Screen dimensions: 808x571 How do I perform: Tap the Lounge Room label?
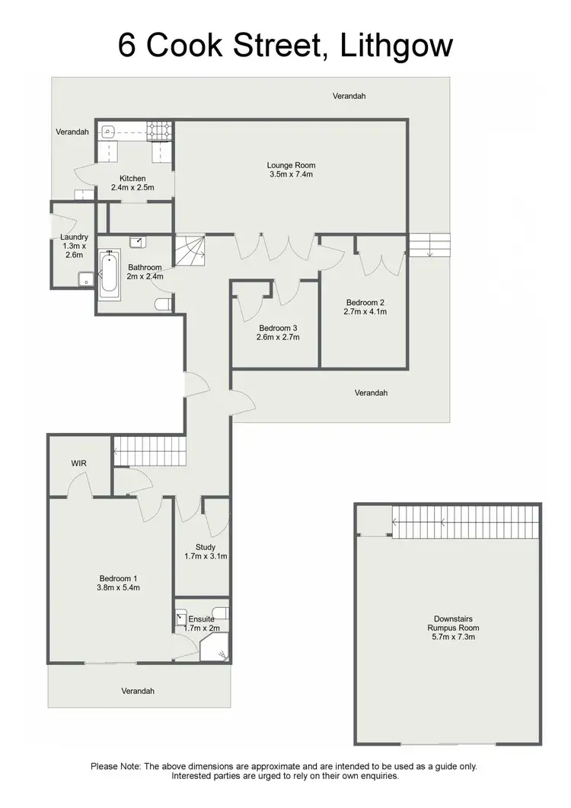click(x=291, y=165)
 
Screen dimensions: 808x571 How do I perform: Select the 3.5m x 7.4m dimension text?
click(x=291, y=174)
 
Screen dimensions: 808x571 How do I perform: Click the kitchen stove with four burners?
click(x=161, y=132)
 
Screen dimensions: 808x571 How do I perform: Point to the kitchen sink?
click(x=109, y=132)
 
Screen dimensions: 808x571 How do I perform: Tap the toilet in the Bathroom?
click(x=162, y=304)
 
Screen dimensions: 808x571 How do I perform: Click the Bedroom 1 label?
click(x=118, y=577)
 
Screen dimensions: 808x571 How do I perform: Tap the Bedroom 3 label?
click(x=277, y=328)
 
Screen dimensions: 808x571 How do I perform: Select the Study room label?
click(x=205, y=547)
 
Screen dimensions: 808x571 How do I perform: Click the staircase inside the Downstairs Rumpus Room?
click(x=464, y=521)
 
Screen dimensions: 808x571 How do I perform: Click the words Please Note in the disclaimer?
click(x=115, y=766)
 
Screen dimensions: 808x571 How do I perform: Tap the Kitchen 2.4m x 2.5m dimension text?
click(x=132, y=187)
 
